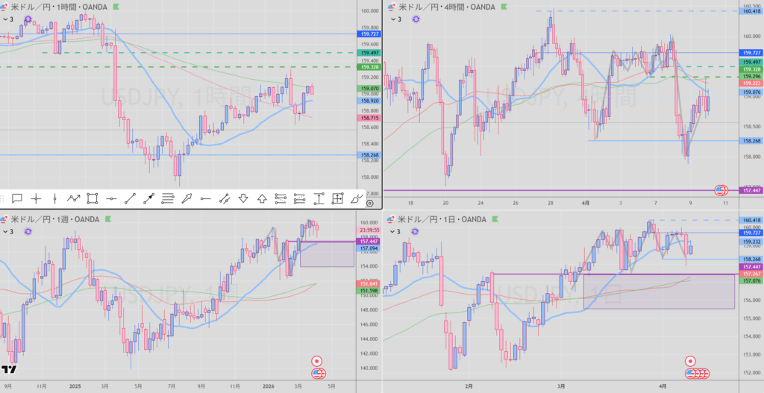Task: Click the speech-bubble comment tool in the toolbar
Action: point(16,198)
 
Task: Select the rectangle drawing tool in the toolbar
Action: point(93,198)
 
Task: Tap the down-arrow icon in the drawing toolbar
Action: point(243,198)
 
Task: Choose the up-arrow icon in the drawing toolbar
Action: point(262,198)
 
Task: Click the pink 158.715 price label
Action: point(369,118)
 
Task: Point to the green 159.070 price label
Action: point(369,88)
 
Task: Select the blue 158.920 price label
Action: point(369,100)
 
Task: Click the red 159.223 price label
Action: point(751,84)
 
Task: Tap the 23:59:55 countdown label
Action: point(369,230)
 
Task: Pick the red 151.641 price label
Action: point(369,283)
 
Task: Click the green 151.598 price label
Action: point(369,291)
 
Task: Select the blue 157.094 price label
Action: point(369,249)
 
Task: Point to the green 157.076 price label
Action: point(751,281)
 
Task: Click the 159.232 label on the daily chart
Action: point(751,242)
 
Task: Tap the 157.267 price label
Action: point(751,274)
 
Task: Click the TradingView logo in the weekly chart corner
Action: point(9,368)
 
